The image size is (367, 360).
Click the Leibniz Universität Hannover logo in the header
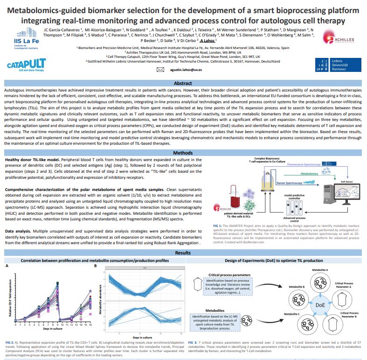[x=342, y=65]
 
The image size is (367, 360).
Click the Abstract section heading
[x=183, y=83]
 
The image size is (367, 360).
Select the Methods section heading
[x=183, y=153]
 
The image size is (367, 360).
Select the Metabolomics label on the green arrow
[x=310, y=173]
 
